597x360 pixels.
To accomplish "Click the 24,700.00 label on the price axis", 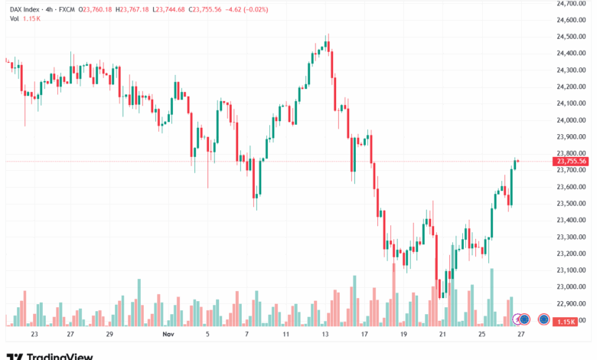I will [x=571, y=3].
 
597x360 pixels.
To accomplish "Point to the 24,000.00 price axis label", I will [x=571, y=120].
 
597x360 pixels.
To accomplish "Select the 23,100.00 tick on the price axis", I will [x=571, y=270].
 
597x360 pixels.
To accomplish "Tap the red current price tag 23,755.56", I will [x=572, y=161].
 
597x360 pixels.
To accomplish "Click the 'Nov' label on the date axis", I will [x=168, y=335].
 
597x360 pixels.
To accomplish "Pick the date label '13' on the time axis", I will [x=325, y=335].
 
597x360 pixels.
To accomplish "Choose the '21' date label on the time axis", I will [x=442, y=335].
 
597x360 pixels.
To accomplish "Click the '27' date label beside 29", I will [x=70, y=335].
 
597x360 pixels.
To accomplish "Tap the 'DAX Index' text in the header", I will [x=25, y=8].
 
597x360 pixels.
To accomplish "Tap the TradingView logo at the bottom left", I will [x=50, y=355].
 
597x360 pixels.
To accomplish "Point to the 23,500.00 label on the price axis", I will [x=571, y=204].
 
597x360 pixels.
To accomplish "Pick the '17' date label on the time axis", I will [x=364, y=335].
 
